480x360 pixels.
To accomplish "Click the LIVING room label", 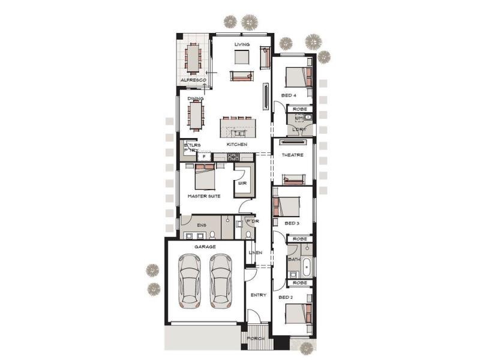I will point(242,44).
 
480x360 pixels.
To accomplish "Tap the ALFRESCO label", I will point(193,80).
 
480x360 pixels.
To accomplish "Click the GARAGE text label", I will point(205,247).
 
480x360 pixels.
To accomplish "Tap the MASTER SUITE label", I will point(203,196).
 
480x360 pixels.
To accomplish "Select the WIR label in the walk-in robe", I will point(242,184).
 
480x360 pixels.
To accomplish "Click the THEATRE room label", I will point(292,155).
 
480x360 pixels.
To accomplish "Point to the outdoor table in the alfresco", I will point(193,58).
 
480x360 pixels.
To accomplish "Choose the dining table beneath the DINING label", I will point(196,115).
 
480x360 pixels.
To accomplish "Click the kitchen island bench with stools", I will point(237,128).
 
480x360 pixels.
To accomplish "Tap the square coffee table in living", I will point(242,57).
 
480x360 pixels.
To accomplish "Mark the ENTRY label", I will point(259,295).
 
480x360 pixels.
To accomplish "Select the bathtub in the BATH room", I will point(307,265).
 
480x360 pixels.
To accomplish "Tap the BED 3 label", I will point(292,223).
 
